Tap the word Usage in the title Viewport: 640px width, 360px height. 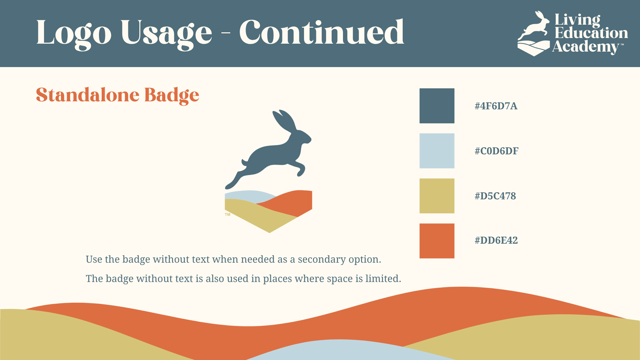[x=166, y=34]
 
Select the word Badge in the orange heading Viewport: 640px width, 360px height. [x=172, y=95]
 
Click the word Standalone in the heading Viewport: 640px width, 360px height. [x=88, y=95]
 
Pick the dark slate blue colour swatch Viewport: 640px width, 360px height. [x=437, y=106]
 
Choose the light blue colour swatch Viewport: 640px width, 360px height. [x=437, y=151]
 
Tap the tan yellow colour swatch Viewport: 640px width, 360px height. [x=437, y=196]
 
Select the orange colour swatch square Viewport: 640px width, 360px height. [x=437, y=241]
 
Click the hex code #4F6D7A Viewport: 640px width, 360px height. [x=496, y=106]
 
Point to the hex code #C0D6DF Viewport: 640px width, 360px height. [x=497, y=151]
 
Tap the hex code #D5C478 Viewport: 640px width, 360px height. [x=495, y=196]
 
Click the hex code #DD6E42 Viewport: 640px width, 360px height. [x=496, y=240]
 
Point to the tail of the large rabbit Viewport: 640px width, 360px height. [x=245, y=163]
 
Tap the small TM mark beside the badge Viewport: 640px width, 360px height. [x=228, y=215]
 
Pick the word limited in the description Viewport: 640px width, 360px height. [x=383, y=278]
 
